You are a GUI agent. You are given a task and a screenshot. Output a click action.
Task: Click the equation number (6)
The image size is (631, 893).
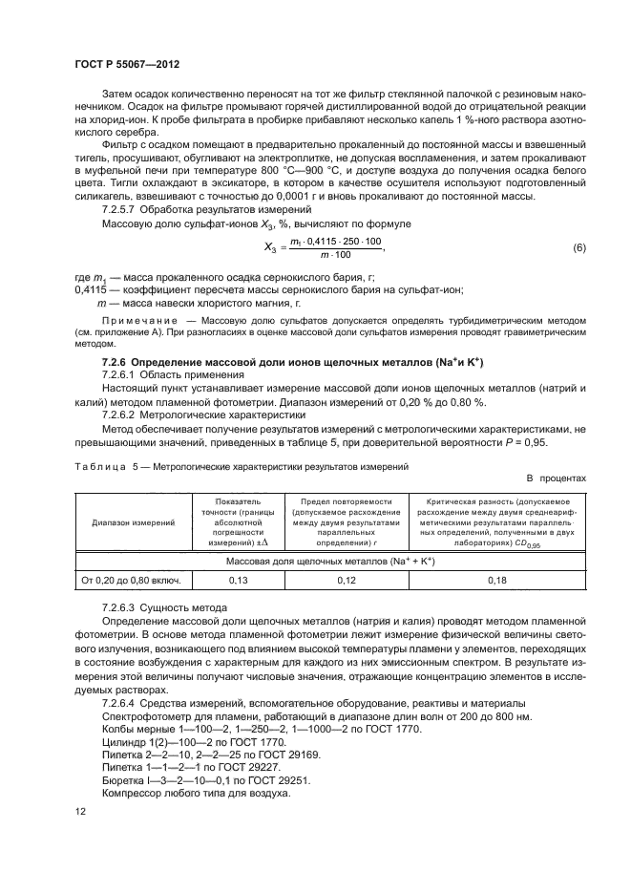click(578, 248)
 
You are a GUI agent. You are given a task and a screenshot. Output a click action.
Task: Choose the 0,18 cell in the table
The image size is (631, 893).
click(496, 579)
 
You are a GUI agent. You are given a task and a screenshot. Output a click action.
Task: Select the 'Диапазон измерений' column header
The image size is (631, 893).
click(133, 523)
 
